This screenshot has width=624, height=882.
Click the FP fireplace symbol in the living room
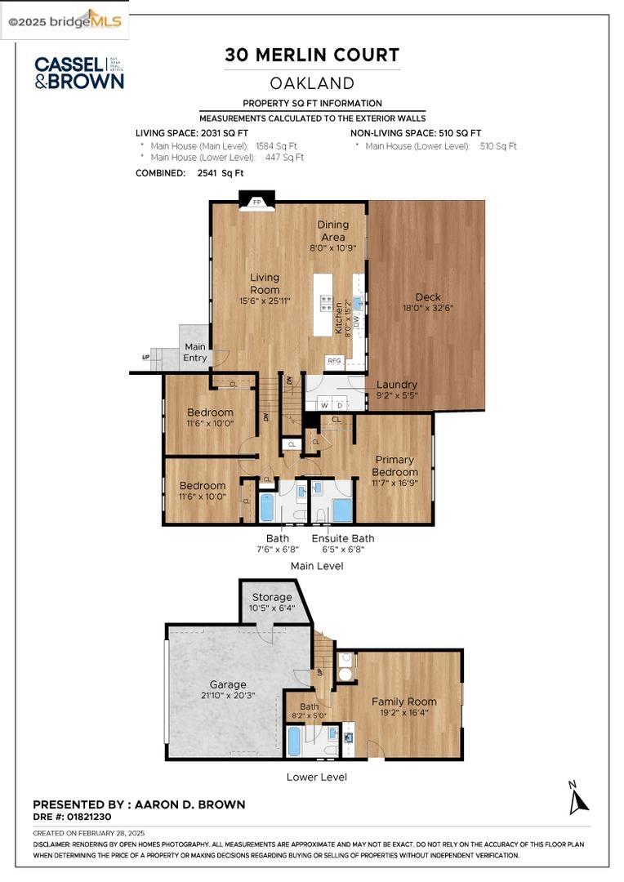pos(256,202)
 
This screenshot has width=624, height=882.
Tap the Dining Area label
pos(333,230)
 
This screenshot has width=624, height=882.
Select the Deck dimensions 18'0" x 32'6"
pos(428,309)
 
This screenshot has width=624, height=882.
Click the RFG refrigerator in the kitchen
pos(334,359)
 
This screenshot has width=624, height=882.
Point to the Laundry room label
pos(396,385)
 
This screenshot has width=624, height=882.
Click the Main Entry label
pos(195,353)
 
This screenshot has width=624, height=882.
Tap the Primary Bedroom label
pos(394,465)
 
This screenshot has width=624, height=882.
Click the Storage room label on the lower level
pos(271,597)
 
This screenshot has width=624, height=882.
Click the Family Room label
pos(403,702)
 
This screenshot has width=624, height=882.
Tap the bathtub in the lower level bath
pos(294,742)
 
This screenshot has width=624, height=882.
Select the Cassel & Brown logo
pos(78,73)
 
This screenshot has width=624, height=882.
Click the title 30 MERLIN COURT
pos(312,56)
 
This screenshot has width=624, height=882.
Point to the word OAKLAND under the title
pos(312,83)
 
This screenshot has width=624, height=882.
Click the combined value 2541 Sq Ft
pos(220,173)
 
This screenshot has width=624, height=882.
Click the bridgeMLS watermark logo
pos(65,21)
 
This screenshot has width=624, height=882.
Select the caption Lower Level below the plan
pos(316,777)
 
